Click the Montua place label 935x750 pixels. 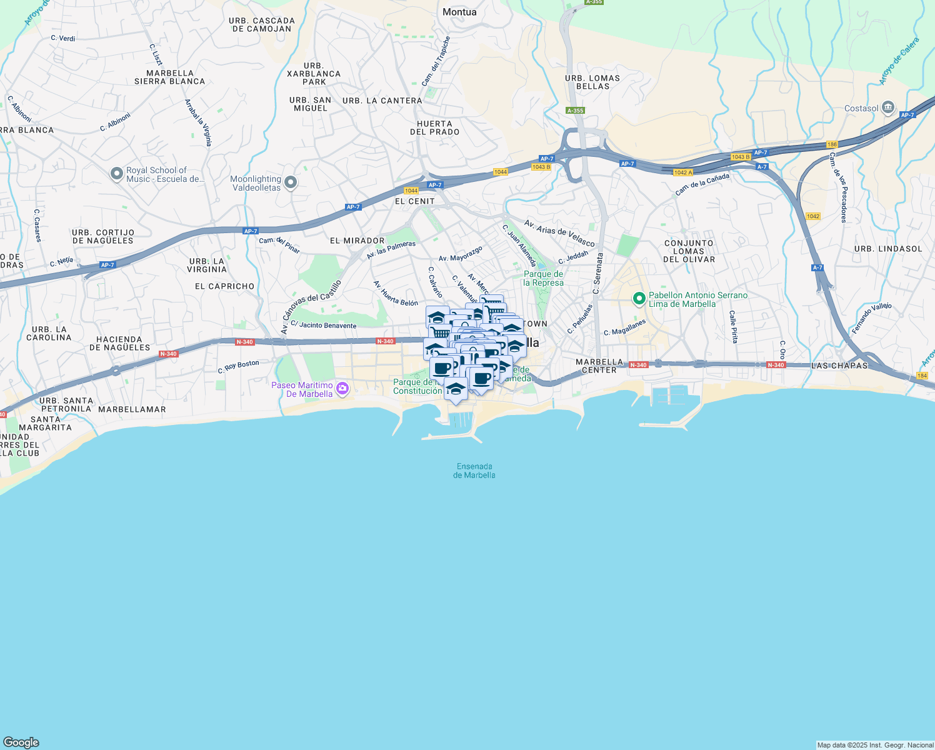(459, 12)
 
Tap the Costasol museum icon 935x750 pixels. (888, 108)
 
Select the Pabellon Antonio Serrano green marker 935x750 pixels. (639, 299)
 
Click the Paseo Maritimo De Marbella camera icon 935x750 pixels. (342, 389)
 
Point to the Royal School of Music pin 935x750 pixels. (116, 174)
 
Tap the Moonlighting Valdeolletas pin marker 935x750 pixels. (290, 182)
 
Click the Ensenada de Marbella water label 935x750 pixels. (474, 471)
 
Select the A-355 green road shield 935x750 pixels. (575, 111)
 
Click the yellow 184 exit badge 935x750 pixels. (922, 376)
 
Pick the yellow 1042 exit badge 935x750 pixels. (812, 216)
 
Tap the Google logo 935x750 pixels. (21, 742)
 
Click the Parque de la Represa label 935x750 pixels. (543, 278)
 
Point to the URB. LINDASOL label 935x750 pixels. (888, 249)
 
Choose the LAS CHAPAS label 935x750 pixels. (839, 366)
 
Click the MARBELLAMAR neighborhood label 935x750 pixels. (132, 409)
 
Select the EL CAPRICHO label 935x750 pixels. (225, 286)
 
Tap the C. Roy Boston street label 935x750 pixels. (238, 367)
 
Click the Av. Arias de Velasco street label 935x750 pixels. (559, 232)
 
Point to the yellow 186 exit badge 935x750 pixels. (831, 144)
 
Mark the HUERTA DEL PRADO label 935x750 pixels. (435, 128)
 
